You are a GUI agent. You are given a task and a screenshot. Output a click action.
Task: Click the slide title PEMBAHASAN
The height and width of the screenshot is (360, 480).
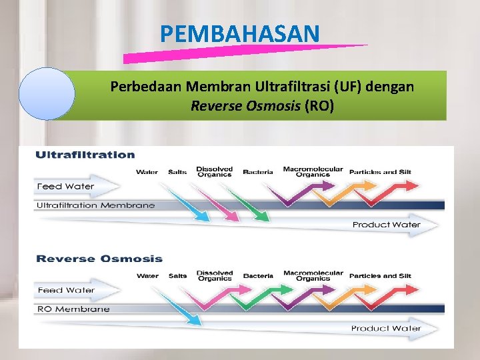(x=240, y=33)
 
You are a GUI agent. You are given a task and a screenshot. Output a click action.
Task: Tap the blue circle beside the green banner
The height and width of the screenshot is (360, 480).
(x=47, y=94)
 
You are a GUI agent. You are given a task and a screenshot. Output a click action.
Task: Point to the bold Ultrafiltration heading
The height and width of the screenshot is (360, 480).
(x=85, y=155)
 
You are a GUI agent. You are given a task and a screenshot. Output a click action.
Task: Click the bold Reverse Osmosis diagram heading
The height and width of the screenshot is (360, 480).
(x=99, y=259)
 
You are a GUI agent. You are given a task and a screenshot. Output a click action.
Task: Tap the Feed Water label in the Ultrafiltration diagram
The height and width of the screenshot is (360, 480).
(x=65, y=187)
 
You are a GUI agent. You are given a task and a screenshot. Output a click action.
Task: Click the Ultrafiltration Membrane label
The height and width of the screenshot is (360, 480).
(x=95, y=205)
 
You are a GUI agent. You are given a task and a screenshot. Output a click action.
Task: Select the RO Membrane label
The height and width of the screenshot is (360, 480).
(x=73, y=309)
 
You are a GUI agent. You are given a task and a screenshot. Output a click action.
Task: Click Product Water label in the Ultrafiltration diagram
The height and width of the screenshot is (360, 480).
(x=386, y=225)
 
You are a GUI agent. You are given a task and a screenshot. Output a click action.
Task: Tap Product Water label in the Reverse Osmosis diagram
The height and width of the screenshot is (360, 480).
(x=386, y=328)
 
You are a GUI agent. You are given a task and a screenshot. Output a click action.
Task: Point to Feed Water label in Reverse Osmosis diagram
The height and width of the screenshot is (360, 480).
(x=65, y=290)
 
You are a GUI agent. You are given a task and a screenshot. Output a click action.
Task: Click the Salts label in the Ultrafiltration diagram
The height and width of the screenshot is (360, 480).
(x=177, y=172)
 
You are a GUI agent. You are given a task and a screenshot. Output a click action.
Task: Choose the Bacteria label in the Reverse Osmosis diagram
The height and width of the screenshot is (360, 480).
(x=258, y=276)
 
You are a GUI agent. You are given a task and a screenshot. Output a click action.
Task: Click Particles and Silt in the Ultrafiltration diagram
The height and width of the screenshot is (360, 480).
(x=380, y=172)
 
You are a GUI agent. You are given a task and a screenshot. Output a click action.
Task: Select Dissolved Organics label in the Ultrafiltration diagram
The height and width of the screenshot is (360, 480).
(x=215, y=171)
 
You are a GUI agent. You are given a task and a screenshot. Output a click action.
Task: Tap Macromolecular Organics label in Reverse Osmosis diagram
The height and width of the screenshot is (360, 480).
(x=313, y=275)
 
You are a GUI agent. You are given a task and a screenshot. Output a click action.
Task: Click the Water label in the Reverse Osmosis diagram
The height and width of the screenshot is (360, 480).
(x=147, y=276)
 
